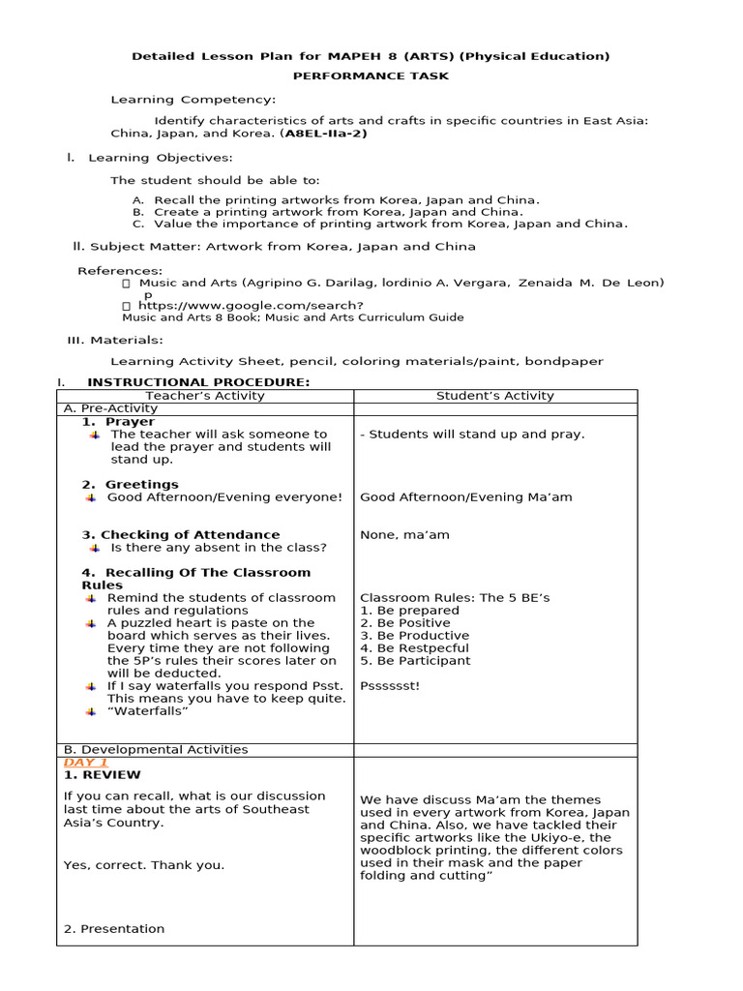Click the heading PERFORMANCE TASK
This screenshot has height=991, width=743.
371,75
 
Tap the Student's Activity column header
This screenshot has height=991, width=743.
495,396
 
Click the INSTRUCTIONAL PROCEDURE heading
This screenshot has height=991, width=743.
198,382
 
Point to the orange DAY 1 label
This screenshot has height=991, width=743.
85,763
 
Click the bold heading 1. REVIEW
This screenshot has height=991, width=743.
102,775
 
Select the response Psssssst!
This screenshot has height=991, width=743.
390,686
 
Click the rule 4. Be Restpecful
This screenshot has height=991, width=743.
414,648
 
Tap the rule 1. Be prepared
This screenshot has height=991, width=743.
409,611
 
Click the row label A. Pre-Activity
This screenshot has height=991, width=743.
104,409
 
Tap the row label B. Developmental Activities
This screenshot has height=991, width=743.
155,750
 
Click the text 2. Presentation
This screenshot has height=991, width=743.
113,929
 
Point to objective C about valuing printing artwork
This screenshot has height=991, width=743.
380,224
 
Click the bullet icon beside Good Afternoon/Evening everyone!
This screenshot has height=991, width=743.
91,497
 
